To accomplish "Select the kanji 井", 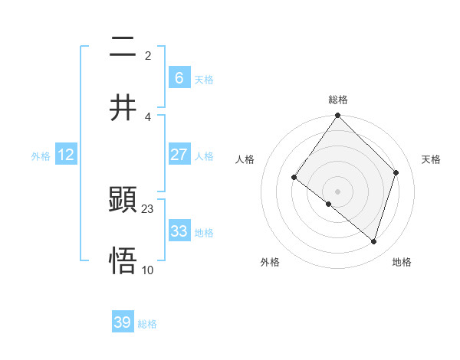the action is point(123,107).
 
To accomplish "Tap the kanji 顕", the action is point(123,201).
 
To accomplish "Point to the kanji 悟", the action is point(123,260).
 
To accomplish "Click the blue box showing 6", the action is point(179,77).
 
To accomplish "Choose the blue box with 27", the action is point(179,155).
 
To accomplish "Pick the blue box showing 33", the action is point(179,231).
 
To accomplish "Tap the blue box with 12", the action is point(66,155).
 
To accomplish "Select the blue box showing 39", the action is point(123,322).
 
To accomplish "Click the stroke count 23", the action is point(148,209).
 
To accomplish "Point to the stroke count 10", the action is point(148,270).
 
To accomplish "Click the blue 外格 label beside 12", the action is point(41,156).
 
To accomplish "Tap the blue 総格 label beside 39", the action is point(147,324).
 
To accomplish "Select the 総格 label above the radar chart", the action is point(338,100).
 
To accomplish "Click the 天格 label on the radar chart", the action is point(431,159).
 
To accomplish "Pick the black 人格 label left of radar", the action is point(245,159).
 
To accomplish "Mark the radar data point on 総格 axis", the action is point(338,116).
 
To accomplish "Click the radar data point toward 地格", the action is point(374,241).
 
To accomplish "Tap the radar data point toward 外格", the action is point(328,205).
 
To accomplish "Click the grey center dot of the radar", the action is point(338,191).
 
